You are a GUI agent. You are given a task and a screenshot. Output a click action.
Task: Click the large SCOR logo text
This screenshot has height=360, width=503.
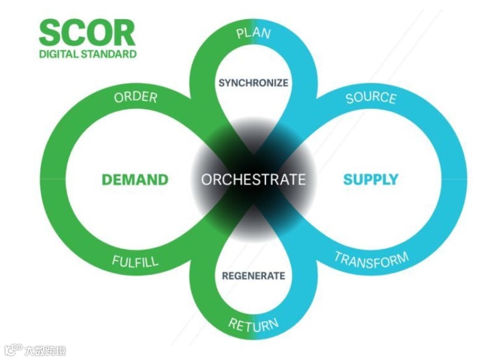click(x=87, y=33)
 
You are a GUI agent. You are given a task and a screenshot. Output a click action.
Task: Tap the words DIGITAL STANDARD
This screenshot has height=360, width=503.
click(x=88, y=54)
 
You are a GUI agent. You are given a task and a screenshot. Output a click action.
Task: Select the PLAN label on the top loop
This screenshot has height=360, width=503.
click(x=253, y=32)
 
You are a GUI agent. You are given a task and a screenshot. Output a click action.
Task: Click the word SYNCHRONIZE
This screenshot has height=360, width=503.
click(x=253, y=83)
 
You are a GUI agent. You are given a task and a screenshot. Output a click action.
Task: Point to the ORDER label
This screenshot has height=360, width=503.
click(x=136, y=97)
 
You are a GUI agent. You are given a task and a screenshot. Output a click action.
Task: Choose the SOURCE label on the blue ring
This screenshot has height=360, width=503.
click(x=371, y=98)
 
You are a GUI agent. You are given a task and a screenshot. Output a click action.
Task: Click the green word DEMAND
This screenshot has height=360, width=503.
click(x=135, y=180)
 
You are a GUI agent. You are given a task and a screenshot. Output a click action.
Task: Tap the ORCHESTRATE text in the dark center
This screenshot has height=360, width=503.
click(x=253, y=180)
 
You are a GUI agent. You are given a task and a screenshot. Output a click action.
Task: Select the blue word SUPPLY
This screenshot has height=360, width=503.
click(x=371, y=180)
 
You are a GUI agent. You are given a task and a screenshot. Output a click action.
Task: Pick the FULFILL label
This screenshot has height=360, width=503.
click(x=135, y=261)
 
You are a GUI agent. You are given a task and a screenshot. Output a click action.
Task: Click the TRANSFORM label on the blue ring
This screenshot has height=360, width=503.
click(x=371, y=260)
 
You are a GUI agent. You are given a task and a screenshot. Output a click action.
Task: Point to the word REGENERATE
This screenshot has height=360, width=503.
click(x=253, y=276)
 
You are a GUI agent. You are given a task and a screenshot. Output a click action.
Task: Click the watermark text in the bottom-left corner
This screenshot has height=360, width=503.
click(x=36, y=351)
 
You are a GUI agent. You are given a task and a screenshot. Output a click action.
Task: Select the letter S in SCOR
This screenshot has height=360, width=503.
click(x=50, y=33)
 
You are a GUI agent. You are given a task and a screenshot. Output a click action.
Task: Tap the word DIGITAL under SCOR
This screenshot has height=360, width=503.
click(x=60, y=54)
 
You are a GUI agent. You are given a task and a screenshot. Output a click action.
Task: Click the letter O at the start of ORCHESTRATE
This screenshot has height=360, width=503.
click(x=206, y=180)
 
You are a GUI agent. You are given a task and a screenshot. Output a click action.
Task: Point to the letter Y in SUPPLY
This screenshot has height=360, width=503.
click(x=394, y=180)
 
